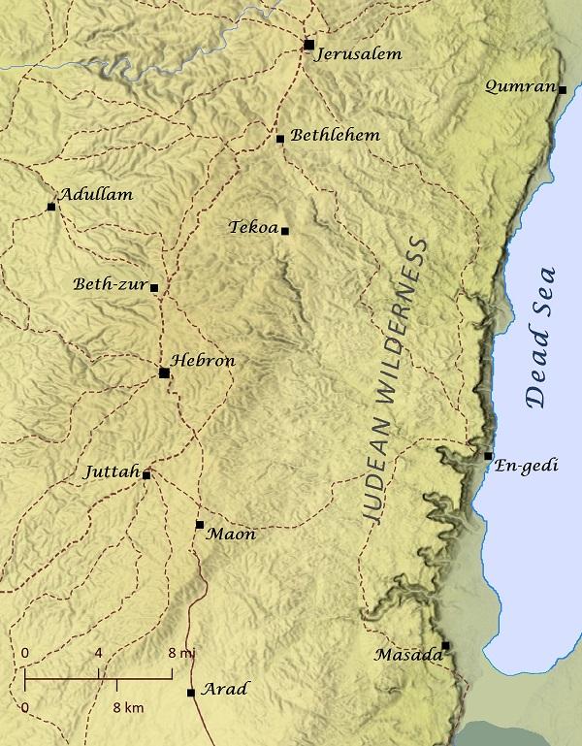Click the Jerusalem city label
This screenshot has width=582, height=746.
point(359,54)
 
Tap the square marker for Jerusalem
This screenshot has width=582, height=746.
point(308,45)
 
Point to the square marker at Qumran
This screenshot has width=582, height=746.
point(563,89)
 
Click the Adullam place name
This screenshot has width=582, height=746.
point(96,194)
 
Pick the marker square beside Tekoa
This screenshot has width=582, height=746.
point(285,230)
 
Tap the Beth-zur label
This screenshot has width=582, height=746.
point(111,285)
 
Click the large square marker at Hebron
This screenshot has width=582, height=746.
point(164,373)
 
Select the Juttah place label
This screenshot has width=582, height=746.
point(112,471)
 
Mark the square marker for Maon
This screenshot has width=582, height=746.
point(199,525)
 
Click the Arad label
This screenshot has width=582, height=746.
point(224,690)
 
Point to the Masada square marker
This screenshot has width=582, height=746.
point(445,645)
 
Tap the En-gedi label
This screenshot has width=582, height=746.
point(528,466)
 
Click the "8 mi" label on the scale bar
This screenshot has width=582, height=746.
point(181,654)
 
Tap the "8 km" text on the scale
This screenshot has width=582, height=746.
point(127,708)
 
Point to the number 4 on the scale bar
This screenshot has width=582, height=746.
point(99,654)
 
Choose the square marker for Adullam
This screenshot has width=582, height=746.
point(50,207)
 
